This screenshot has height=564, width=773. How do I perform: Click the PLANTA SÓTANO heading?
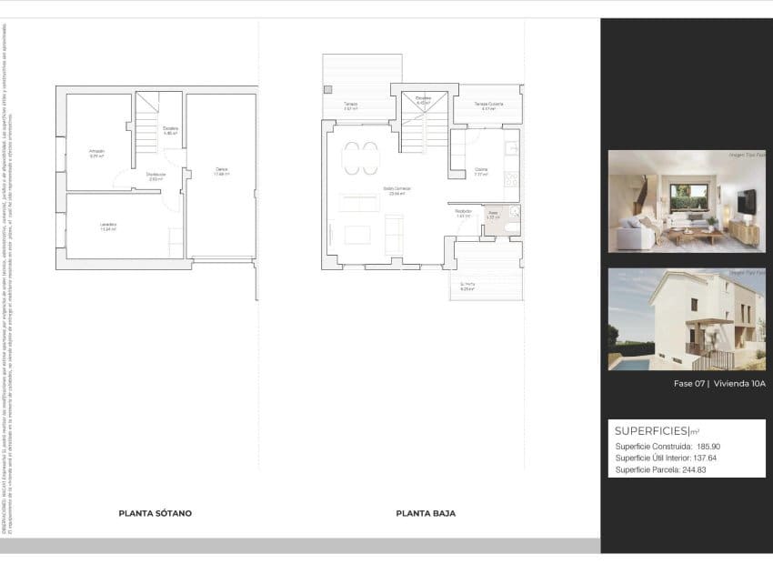[155, 513]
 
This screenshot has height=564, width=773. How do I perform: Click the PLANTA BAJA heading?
[426, 513]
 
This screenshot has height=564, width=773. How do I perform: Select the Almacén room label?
[96, 151]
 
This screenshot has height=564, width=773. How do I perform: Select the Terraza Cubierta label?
[488, 105]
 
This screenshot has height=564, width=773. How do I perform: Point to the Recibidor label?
[463, 212]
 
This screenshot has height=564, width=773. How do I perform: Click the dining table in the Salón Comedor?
[361, 158]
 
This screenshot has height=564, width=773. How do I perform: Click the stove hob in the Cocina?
[511, 178]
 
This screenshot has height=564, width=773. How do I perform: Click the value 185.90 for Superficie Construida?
[708, 447]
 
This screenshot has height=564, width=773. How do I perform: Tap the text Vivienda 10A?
[739, 384]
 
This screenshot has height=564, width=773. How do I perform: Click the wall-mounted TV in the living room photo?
[746, 202]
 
